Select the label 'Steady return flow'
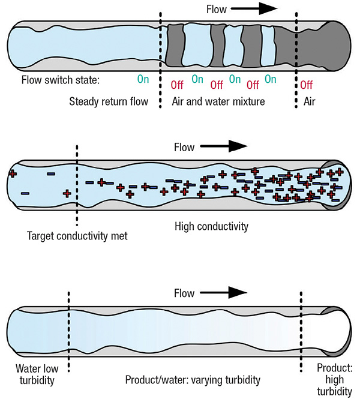(x=107, y=101)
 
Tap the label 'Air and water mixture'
(x=218, y=101)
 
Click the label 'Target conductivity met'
(x=77, y=236)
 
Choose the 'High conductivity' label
(x=211, y=227)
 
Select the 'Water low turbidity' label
(x=37, y=374)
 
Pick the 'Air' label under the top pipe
(x=309, y=101)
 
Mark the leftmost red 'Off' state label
(x=177, y=83)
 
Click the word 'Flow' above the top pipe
(x=217, y=9)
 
